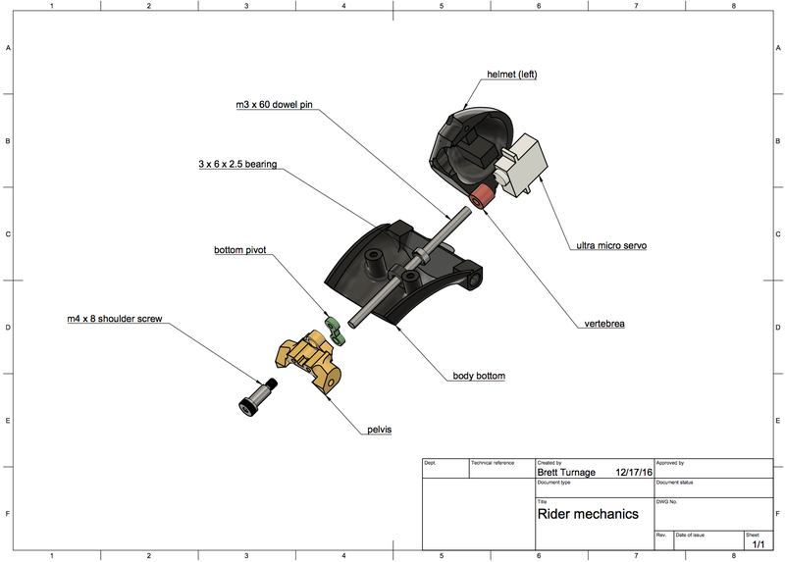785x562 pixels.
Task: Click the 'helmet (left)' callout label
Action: pyautogui.click(x=512, y=75)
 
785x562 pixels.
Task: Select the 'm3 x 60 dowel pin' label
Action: pyautogui.click(x=274, y=104)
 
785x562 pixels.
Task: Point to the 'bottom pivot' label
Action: pyautogui.click(x=240, y=250)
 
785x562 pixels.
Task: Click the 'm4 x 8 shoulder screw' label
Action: pyautogui.click(x=116, y=321)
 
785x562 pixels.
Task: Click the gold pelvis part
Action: pyautogui.click(x=306, y=361)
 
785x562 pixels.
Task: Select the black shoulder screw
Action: pyautogui.click(x=252, y=398)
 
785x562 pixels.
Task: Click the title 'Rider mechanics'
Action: pyautogui.click(x=588, y=513)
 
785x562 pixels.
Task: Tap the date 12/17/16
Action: pyautogui.click(x=634, y=473)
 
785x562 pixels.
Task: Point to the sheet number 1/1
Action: pyautogui.click(x=759, y=543)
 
